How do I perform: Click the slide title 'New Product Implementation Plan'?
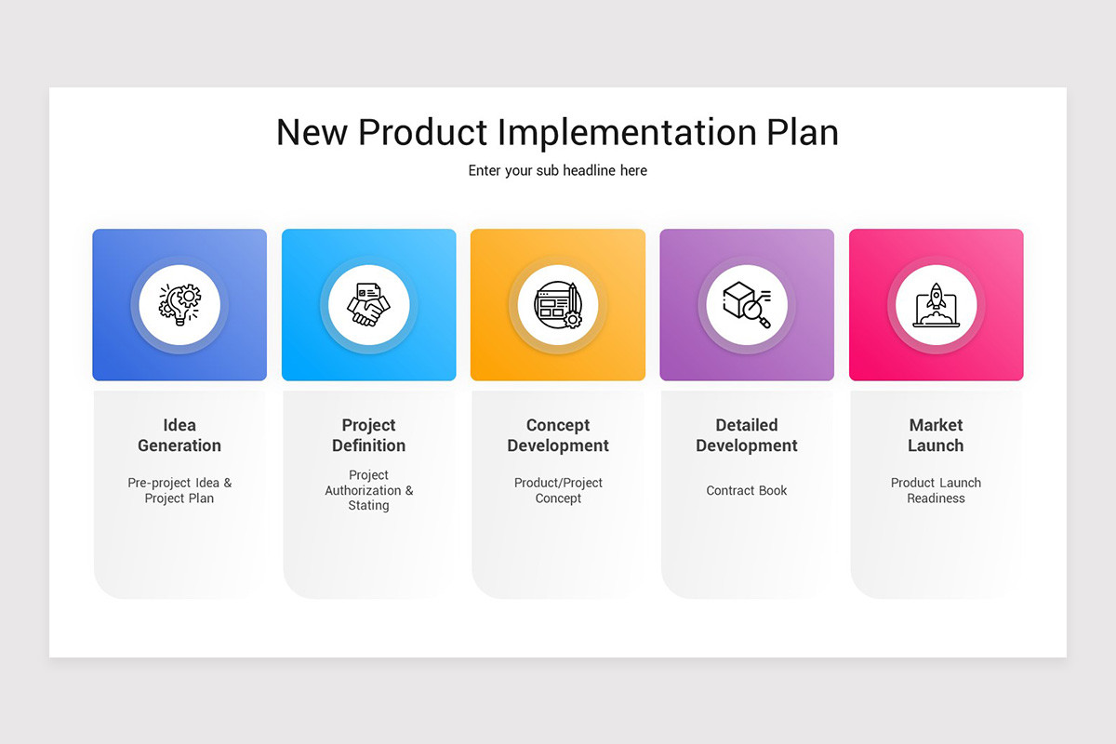pos(557,132)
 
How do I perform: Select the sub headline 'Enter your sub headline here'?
pos(557,171)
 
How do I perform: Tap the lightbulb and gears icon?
pos(179,305)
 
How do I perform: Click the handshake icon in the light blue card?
pos(368,305)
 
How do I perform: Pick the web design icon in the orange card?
pos(558,305)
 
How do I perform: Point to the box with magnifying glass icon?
pos(747,305)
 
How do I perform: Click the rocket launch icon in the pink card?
pos(936,305)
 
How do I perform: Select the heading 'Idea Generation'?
pos(179,435)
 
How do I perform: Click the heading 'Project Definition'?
pos(368,435)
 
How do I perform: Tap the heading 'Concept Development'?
pos(558,435)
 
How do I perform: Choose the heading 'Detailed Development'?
pos(747,435)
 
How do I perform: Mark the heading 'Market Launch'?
pos(936,435)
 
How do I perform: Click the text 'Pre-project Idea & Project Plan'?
pos(179,490)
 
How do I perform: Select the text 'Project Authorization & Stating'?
pos(368,490)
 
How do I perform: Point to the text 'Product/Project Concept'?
pos(558,490)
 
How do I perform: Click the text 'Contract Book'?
pos(747,490)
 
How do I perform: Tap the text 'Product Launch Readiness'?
pos(936,490)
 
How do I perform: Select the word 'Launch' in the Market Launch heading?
pos(936,445)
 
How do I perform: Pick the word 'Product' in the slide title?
pos(423,132)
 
